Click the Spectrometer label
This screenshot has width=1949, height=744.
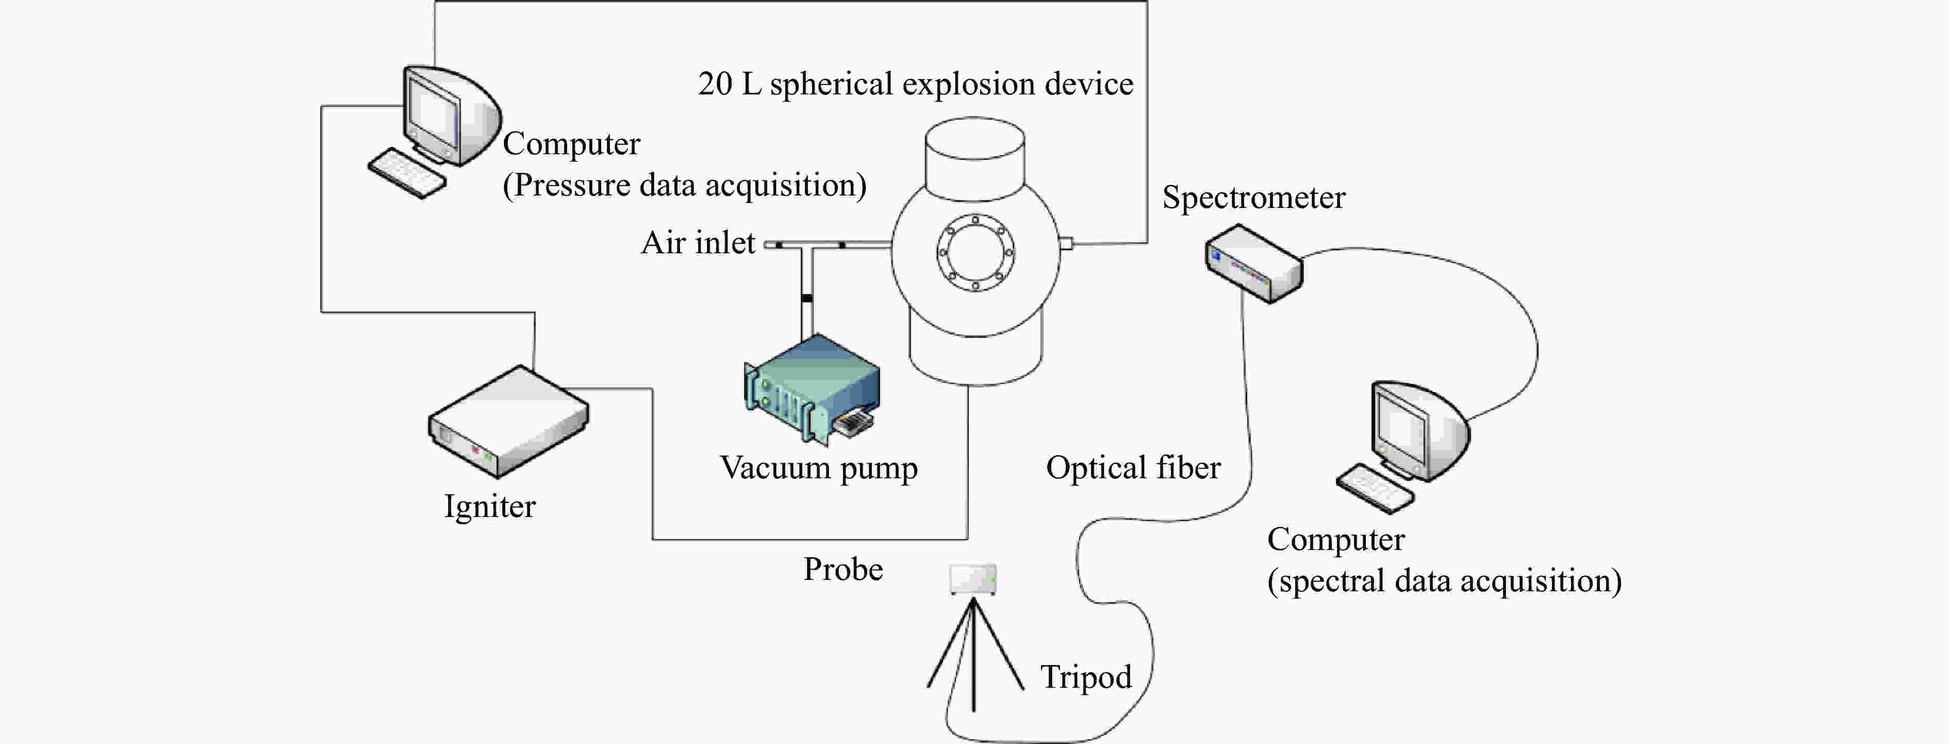pyautogui.click(x=1253, y=198)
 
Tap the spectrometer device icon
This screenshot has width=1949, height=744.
pyautogui.click(x=1253, y=263)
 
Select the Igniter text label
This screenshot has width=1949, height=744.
pyautogui.click(x=489, y=506)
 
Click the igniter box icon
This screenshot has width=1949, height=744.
pyautogui.click(x=508, y=422)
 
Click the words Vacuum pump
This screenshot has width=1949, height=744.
pyautogui.click(x=819, y=468)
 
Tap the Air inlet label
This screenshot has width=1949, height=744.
pyautogui.click(x=698, y=243)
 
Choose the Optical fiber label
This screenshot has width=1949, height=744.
pyautogui.click(x=1133, y=468)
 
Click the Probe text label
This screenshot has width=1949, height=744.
pyautogui.click(x=843, y=569)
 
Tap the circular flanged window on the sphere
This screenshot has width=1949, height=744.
pyautogui.click(x=975, y=253)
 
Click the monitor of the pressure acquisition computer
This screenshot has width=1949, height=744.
pyautogui.click(x=451, y=115)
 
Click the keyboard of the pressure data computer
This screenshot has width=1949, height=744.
pyautogui.click(x=407, y=173)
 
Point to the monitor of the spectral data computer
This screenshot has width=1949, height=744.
pyautogui.click(x=1419, y=430)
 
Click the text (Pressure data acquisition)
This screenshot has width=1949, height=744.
pyautogui.click(x=685, y=185)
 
